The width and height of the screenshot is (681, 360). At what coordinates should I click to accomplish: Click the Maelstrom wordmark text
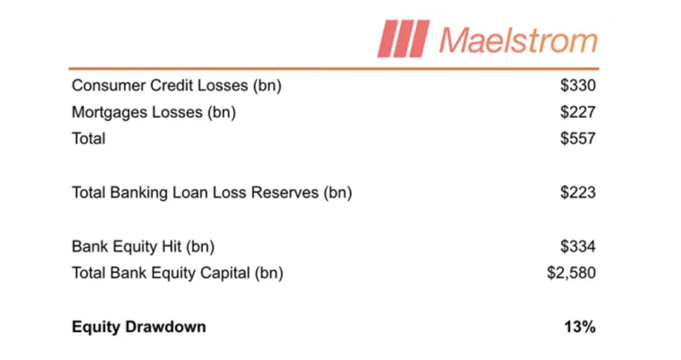[x=519, y=40]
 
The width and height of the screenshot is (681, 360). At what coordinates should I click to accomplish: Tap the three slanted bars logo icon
[x=404, y=39]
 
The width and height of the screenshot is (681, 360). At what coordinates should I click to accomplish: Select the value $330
[x=578, y=85]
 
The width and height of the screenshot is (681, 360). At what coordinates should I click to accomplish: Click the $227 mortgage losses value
[x=578, y=112]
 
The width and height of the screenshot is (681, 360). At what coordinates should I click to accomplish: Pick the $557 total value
[x=578, y=138]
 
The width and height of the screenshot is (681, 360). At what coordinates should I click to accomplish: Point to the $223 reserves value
[x=578, y=192]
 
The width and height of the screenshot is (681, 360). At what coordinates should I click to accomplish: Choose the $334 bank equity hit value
[x=578, y=246]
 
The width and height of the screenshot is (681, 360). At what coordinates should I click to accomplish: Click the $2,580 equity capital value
[x=571, y=273]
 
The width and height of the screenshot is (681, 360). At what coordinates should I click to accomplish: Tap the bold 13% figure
[x=580, y=327]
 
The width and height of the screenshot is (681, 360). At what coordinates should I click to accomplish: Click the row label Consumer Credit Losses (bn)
[x=177, y=86]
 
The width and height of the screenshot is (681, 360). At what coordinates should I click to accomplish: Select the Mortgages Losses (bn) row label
[x=154, y=112]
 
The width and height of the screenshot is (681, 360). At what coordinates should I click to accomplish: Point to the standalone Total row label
[x=88, y=138]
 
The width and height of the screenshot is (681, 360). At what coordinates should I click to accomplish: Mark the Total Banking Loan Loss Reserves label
[x=212, y=193]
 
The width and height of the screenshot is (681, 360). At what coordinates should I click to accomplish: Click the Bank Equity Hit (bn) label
[x=144, y=247]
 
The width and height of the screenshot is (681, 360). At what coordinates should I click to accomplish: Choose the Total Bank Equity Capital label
[x=178, y=273]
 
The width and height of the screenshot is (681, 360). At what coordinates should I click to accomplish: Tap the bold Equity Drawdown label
[x=139, y=327]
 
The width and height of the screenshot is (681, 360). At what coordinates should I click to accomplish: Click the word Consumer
[x=108, y=85]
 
